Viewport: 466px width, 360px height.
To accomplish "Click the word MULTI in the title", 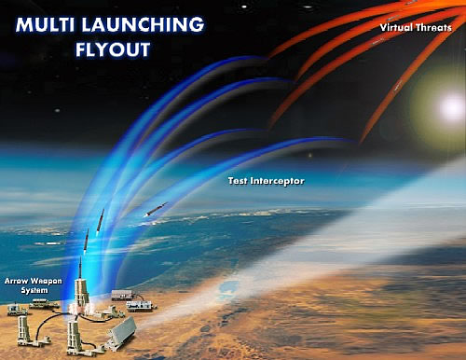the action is click(x=46, y=24).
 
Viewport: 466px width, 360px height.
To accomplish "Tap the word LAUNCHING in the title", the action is click(x=143, y=24).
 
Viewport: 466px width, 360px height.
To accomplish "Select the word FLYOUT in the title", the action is click(x=113, y=49).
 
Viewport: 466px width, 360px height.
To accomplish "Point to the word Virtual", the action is click(x=396, y=27).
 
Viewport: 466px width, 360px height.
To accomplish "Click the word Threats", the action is click(x=434, y=27).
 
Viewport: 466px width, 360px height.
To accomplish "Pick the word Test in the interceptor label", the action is click(x=238, y=181).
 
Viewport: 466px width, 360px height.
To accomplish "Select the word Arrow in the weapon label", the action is click(x=16, y=282).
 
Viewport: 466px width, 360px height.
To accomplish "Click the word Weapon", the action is click(x=46, y=282).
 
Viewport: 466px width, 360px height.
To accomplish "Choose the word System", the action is click(x=34, y=291).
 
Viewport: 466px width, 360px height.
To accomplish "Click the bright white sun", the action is click(x=451, y=107).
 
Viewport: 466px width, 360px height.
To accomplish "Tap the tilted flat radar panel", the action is click(x=121, y=333).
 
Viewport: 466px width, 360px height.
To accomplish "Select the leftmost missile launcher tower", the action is click(x=24, y=330).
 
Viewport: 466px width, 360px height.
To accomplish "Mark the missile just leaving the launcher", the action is click(x=80, y=268).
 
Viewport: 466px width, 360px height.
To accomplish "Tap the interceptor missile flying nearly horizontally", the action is click(x=156, y=209).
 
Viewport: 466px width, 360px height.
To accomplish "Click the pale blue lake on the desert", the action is click(x=226, y=288).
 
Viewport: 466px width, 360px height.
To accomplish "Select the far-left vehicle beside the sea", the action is click(x=16, y=310).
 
